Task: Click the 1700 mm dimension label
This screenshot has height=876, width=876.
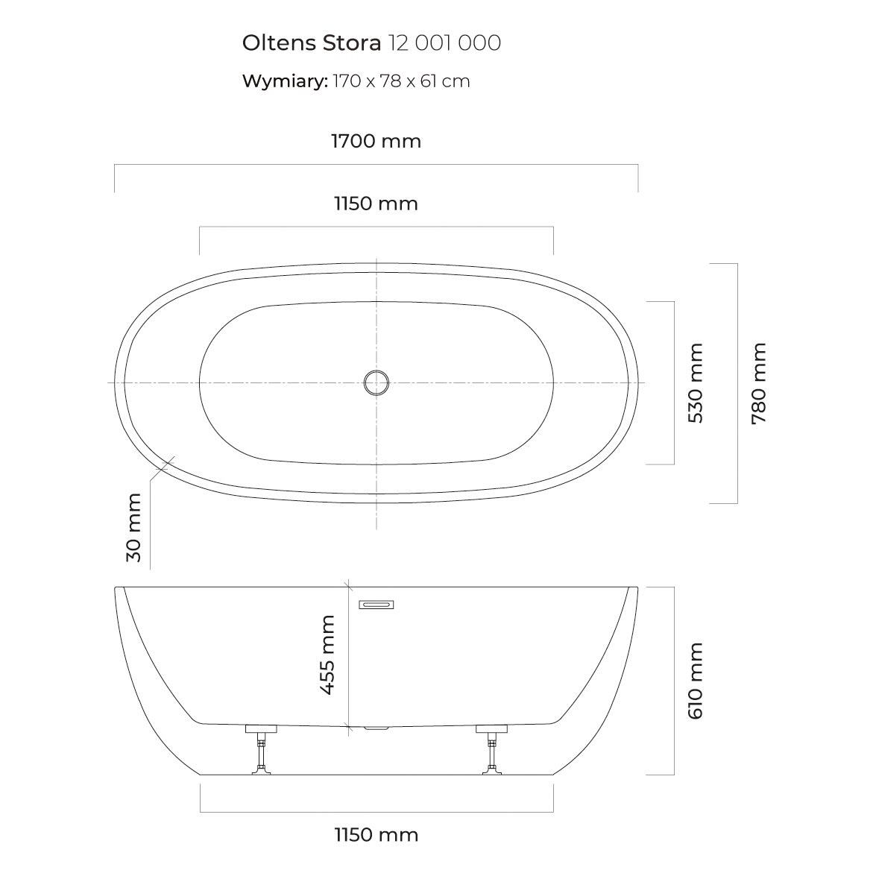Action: pos(376,141)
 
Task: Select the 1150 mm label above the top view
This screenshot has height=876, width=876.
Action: pos(376,204)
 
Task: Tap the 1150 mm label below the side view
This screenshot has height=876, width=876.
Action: pos(376,835)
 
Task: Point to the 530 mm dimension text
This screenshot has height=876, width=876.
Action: pos(695,382)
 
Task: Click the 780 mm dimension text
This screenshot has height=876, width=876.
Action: pos(759,382)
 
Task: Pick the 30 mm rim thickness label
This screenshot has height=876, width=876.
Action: pos(134,527)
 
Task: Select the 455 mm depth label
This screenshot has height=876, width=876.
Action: pos(327,655)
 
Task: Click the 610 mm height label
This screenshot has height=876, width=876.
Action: pos(695,681)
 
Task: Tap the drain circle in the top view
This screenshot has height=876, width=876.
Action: pos(376,382)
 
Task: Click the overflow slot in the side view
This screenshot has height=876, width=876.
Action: pos(376,605)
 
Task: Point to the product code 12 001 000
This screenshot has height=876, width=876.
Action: pos(444,42)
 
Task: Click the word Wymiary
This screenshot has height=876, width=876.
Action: pos(285,81)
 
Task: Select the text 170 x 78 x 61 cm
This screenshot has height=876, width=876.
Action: pos(401,81)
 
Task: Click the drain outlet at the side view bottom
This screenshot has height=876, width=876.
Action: pos(376,728)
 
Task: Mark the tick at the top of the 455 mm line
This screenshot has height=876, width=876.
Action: pos(348,587)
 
